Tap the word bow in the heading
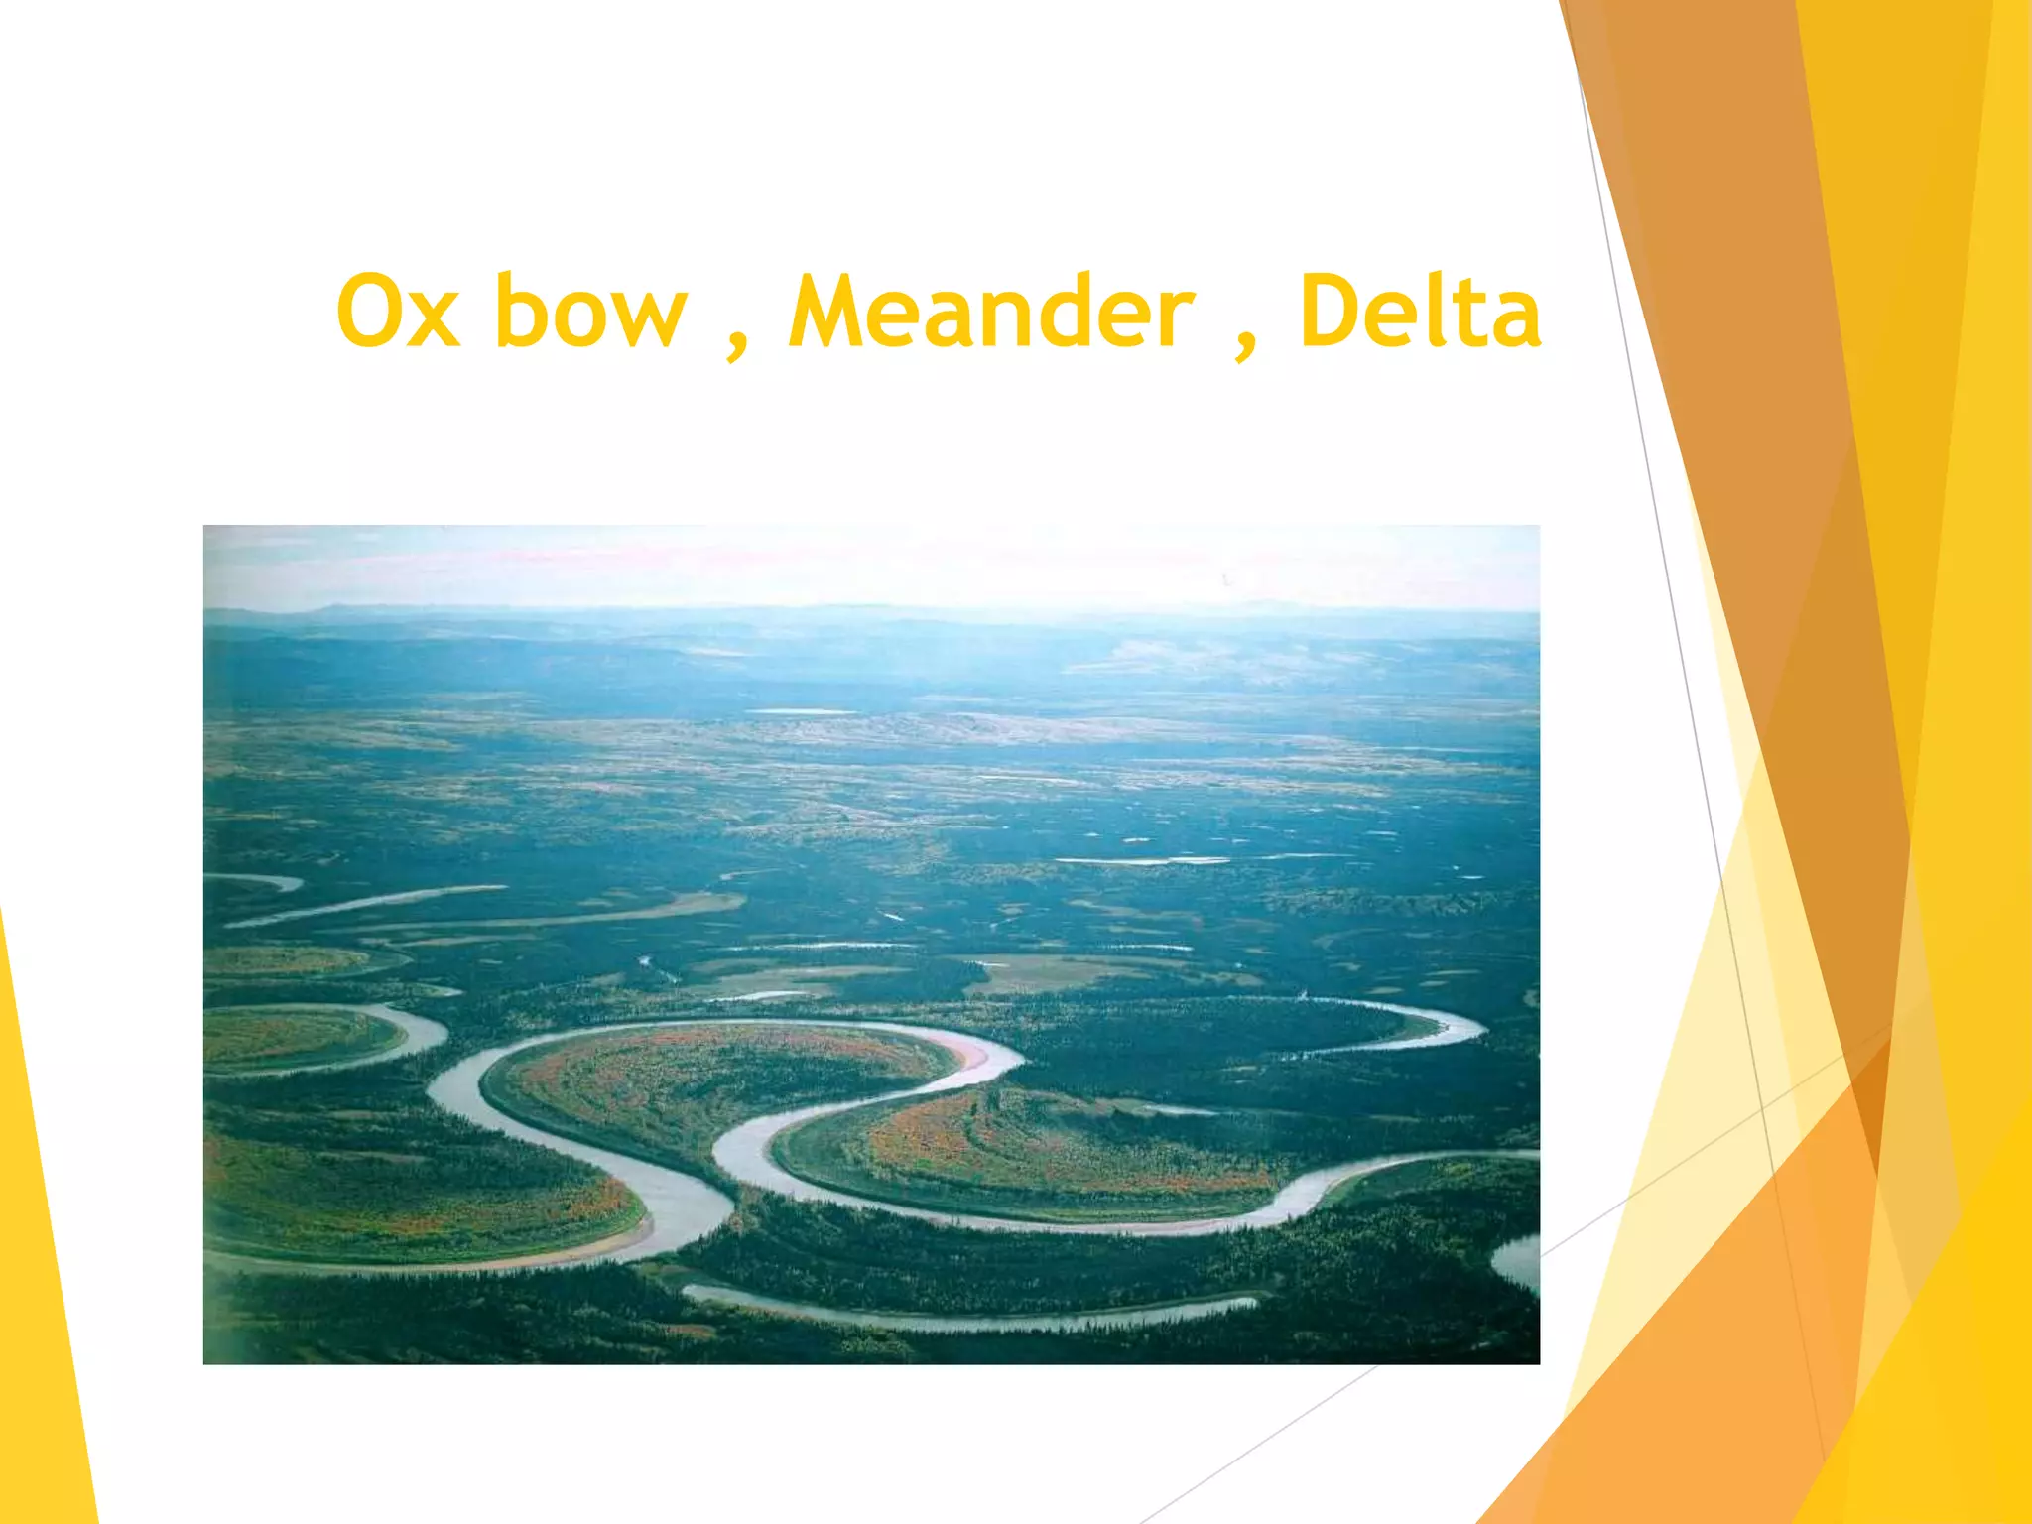click(590, 313)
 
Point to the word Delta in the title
click(1420, 313)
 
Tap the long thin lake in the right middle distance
click(1141, 860)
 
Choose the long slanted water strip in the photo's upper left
click(367, 904)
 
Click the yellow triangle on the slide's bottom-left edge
click(40, 1290)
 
